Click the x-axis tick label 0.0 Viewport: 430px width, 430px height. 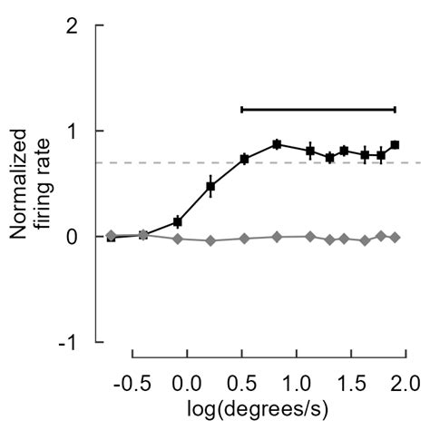click(x=187, y=376)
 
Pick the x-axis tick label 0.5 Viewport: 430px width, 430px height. click(x=240, y=376)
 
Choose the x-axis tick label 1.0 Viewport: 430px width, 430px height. click(x=295, y=376)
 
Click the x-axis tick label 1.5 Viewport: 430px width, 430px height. click(x=349, y=376)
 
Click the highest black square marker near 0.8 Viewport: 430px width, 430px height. click(x=277, y=143)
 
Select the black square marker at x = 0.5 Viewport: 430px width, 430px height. click(x=244, y=159)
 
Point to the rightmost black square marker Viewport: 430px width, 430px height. click(x=395, y=144)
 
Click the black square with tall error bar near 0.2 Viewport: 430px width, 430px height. click(x=210, y=186)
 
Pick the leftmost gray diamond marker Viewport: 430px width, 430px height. click(x=111, y=235)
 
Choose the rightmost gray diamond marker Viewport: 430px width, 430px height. click(x=395, y=237)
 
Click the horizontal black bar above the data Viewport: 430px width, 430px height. click(x=318, y=109)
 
